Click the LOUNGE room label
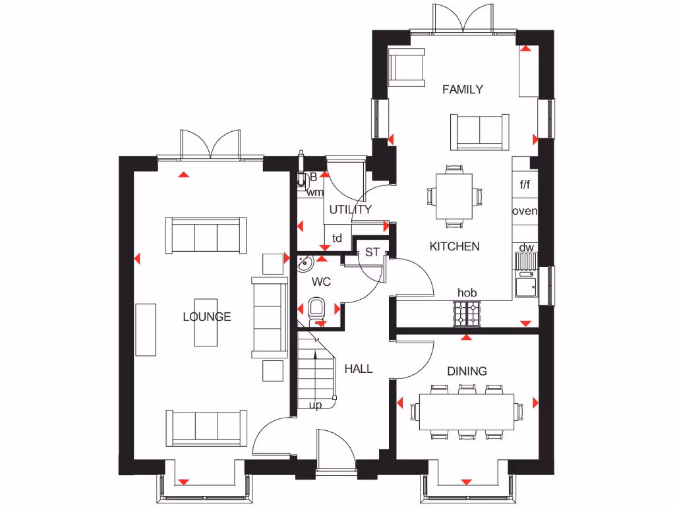tap(207, 317)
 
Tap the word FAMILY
tap(462, 90)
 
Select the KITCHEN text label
tap(454, 246)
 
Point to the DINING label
tap(467, 371)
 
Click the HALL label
tap(359, 369)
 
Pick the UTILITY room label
tap(350, 210)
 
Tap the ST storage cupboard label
tap(372, 252)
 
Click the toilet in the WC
tap(317, 309)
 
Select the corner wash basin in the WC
tap(305, 264)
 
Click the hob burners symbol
tap(467, 313)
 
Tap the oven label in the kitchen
tap(525, 211)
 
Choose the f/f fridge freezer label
tap(525, 185)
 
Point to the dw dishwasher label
tap(525, 248)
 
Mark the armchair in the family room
tap(407, 69)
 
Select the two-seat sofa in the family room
tap(479, 130)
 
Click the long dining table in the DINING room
tap(467, 412)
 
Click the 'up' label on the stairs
tap(316, 405)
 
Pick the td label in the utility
tap(337, 239)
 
